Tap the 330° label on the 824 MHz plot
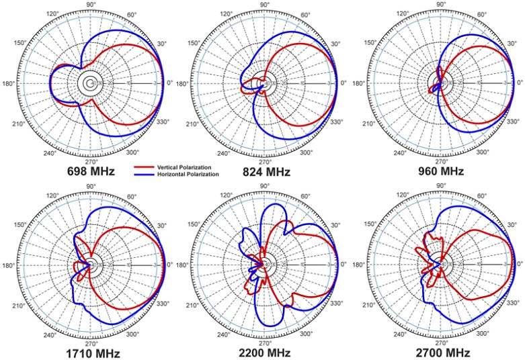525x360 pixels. pyautogui.click(x=336, y=122)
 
